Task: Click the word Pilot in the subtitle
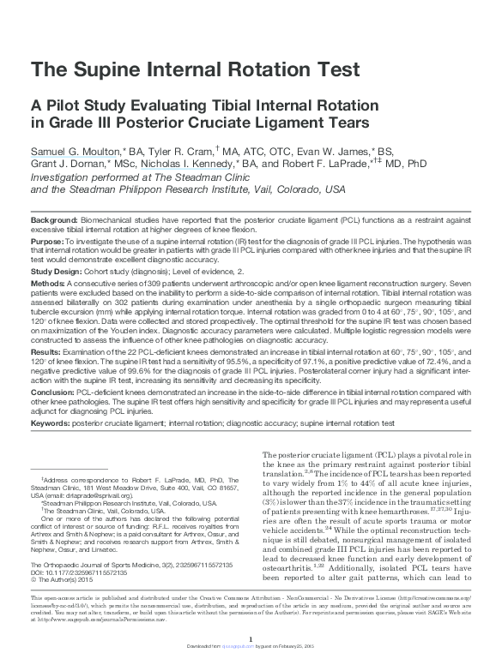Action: tap(64, 105)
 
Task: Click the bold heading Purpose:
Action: tap(50, 242)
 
